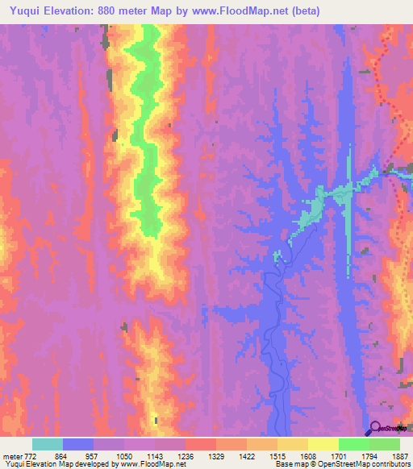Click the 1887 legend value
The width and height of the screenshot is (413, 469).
[x=398, y=455]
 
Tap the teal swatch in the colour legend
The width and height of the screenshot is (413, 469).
[x=48, y=444]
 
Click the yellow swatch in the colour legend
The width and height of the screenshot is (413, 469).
[x=323, y=444]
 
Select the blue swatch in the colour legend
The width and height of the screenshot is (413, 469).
[x=78, y=444]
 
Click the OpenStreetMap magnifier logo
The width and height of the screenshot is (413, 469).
[x=374, y=429]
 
